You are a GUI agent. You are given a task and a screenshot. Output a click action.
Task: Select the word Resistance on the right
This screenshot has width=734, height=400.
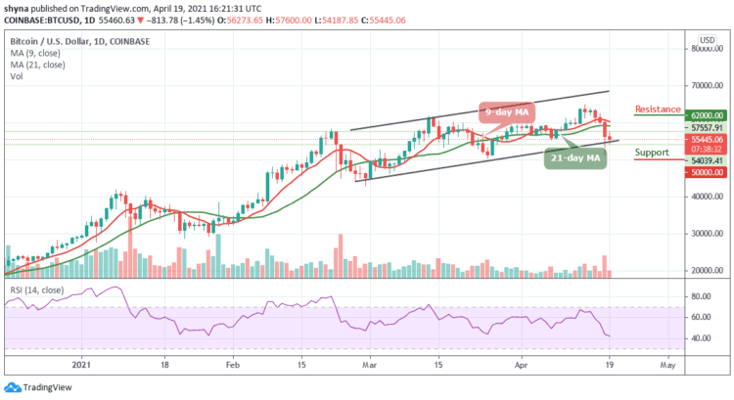coord(658,109)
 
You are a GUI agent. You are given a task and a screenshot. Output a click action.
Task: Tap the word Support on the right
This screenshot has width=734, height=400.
coord(651,153)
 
